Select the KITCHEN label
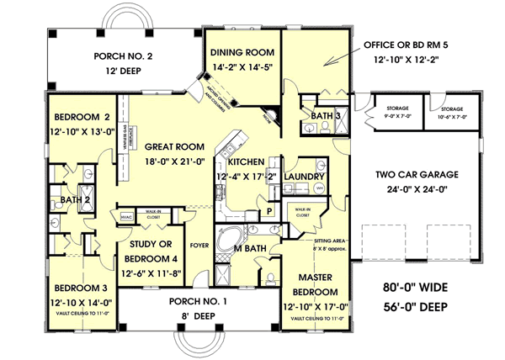[245, 161]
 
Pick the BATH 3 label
[324, 114]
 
